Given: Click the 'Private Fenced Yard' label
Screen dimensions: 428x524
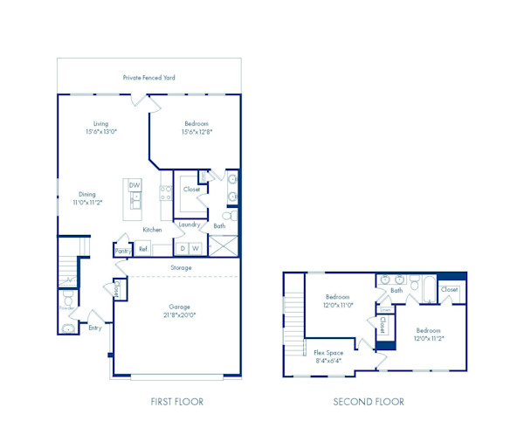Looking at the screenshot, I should (148, 78).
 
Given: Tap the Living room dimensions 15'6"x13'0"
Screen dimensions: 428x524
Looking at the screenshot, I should (101, 132).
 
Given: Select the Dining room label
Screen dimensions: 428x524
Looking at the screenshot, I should (87, 195).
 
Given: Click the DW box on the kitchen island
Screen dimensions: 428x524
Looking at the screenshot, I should (134, 185).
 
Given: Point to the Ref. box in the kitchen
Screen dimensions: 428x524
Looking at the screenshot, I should (142, 249).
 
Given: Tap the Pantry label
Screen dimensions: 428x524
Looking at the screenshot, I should (122, 251).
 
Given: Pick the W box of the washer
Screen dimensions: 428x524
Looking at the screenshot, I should (196, 248).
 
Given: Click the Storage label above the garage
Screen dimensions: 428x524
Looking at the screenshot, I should (181, 267).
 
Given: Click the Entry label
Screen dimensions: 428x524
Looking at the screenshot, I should (94, 328).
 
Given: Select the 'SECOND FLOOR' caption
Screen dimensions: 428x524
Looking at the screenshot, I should (369, 402).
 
